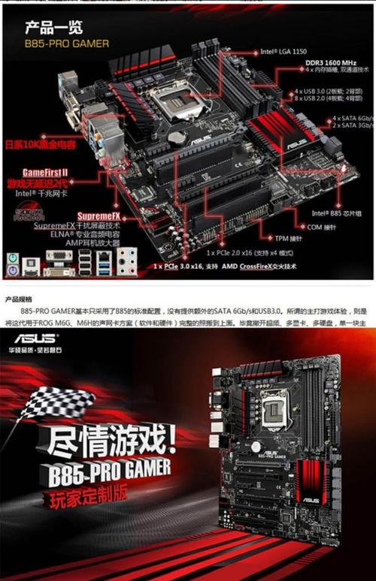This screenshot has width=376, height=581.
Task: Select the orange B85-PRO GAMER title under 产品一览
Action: click(x=66, y=44)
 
